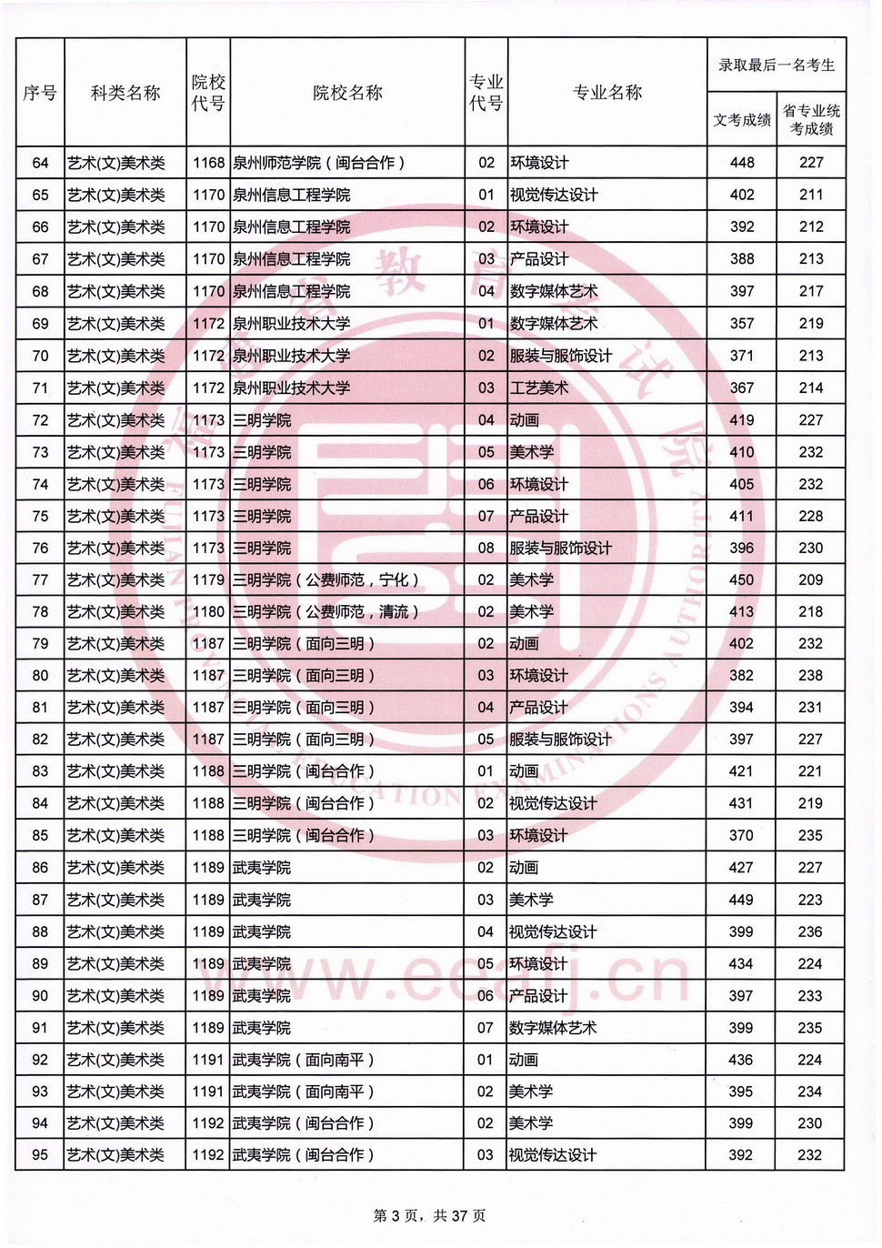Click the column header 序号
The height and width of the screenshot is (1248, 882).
pos(40,93)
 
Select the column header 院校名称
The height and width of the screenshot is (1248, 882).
pos(347,93)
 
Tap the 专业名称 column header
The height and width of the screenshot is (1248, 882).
pos(607,93)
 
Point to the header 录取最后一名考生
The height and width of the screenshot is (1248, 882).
pos(777,65)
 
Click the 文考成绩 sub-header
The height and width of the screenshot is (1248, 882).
pos(742,120)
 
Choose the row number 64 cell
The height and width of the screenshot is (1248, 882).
pos(40,163)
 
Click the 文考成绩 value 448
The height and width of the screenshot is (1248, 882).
pos(742,163)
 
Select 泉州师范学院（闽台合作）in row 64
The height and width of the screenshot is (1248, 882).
pos(318,163)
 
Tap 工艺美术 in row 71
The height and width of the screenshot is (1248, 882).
pos(539,388)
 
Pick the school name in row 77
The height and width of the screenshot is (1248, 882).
pos(326,580)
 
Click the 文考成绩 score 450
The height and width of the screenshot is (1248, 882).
pos(742,580)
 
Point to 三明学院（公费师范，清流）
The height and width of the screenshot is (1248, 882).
pos(326,612)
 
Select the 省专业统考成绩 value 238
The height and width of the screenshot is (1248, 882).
pos(810,676)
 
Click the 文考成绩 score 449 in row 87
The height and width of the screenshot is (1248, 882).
pos(741,901)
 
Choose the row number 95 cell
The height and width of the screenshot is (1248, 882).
pos(40,1155)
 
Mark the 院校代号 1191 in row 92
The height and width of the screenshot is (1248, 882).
pos(208,1060)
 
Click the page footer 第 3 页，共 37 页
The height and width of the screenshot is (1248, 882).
pos(429,1216)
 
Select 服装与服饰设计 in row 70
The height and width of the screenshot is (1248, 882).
pos(561,356)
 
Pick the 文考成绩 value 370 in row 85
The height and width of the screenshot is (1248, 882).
pos(741,836)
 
